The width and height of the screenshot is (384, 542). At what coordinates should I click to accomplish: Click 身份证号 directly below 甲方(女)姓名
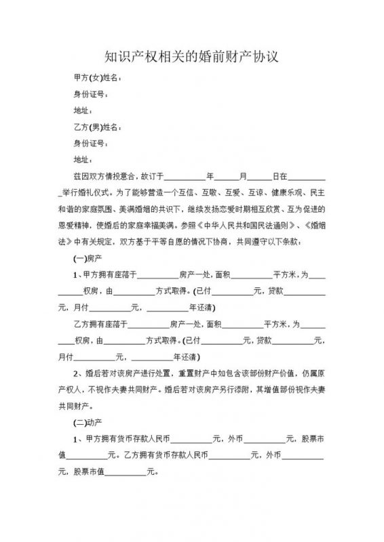pos(90,94)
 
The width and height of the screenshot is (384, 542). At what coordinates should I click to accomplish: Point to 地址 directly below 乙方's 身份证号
pos(81,159)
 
